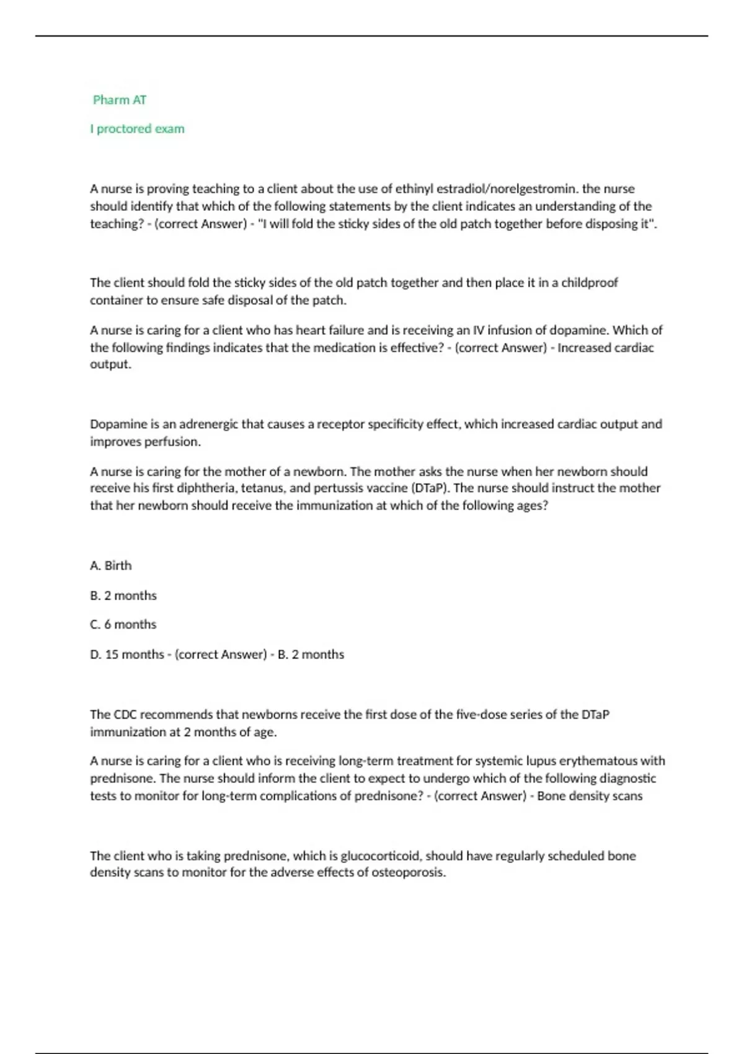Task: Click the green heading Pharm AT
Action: [x=120, y=100]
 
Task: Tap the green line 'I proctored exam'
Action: [x=137, y=129]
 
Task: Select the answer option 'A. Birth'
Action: [x=111, y=565]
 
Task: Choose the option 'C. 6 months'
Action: [x=123, y=624]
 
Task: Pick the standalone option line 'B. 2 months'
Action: [x=123, y=595]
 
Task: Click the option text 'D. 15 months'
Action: [x=127, y=655]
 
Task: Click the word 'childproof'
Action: [x=589, y=283]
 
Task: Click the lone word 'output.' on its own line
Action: [x=111, y=365]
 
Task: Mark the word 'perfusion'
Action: [x=172, y=442]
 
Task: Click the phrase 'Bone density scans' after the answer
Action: [x=590, y=796]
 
